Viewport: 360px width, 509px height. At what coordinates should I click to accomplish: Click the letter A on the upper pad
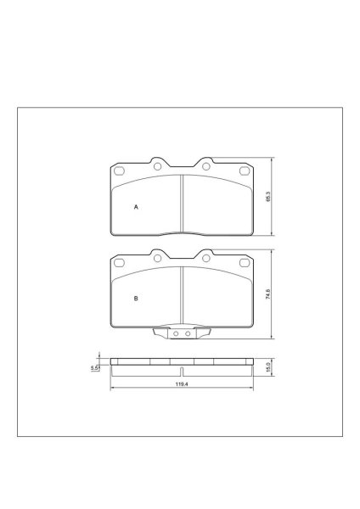(136, 207)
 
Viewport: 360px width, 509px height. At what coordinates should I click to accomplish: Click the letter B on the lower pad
(136, 299)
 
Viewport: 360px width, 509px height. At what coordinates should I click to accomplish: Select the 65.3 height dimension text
(268, 197)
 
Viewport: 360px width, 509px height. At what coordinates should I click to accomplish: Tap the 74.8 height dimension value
(268, 294)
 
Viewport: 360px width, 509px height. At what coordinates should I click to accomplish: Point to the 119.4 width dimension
(182, 384)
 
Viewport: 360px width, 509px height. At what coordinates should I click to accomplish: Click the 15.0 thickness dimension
(268, 367)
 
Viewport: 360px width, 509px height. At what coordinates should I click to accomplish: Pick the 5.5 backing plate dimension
(94, 368)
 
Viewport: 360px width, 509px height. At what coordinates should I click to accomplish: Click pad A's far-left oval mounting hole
(119, 171)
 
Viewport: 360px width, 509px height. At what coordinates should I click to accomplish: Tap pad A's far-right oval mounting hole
(245, 171)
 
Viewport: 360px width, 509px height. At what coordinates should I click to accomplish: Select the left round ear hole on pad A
(158, 166)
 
